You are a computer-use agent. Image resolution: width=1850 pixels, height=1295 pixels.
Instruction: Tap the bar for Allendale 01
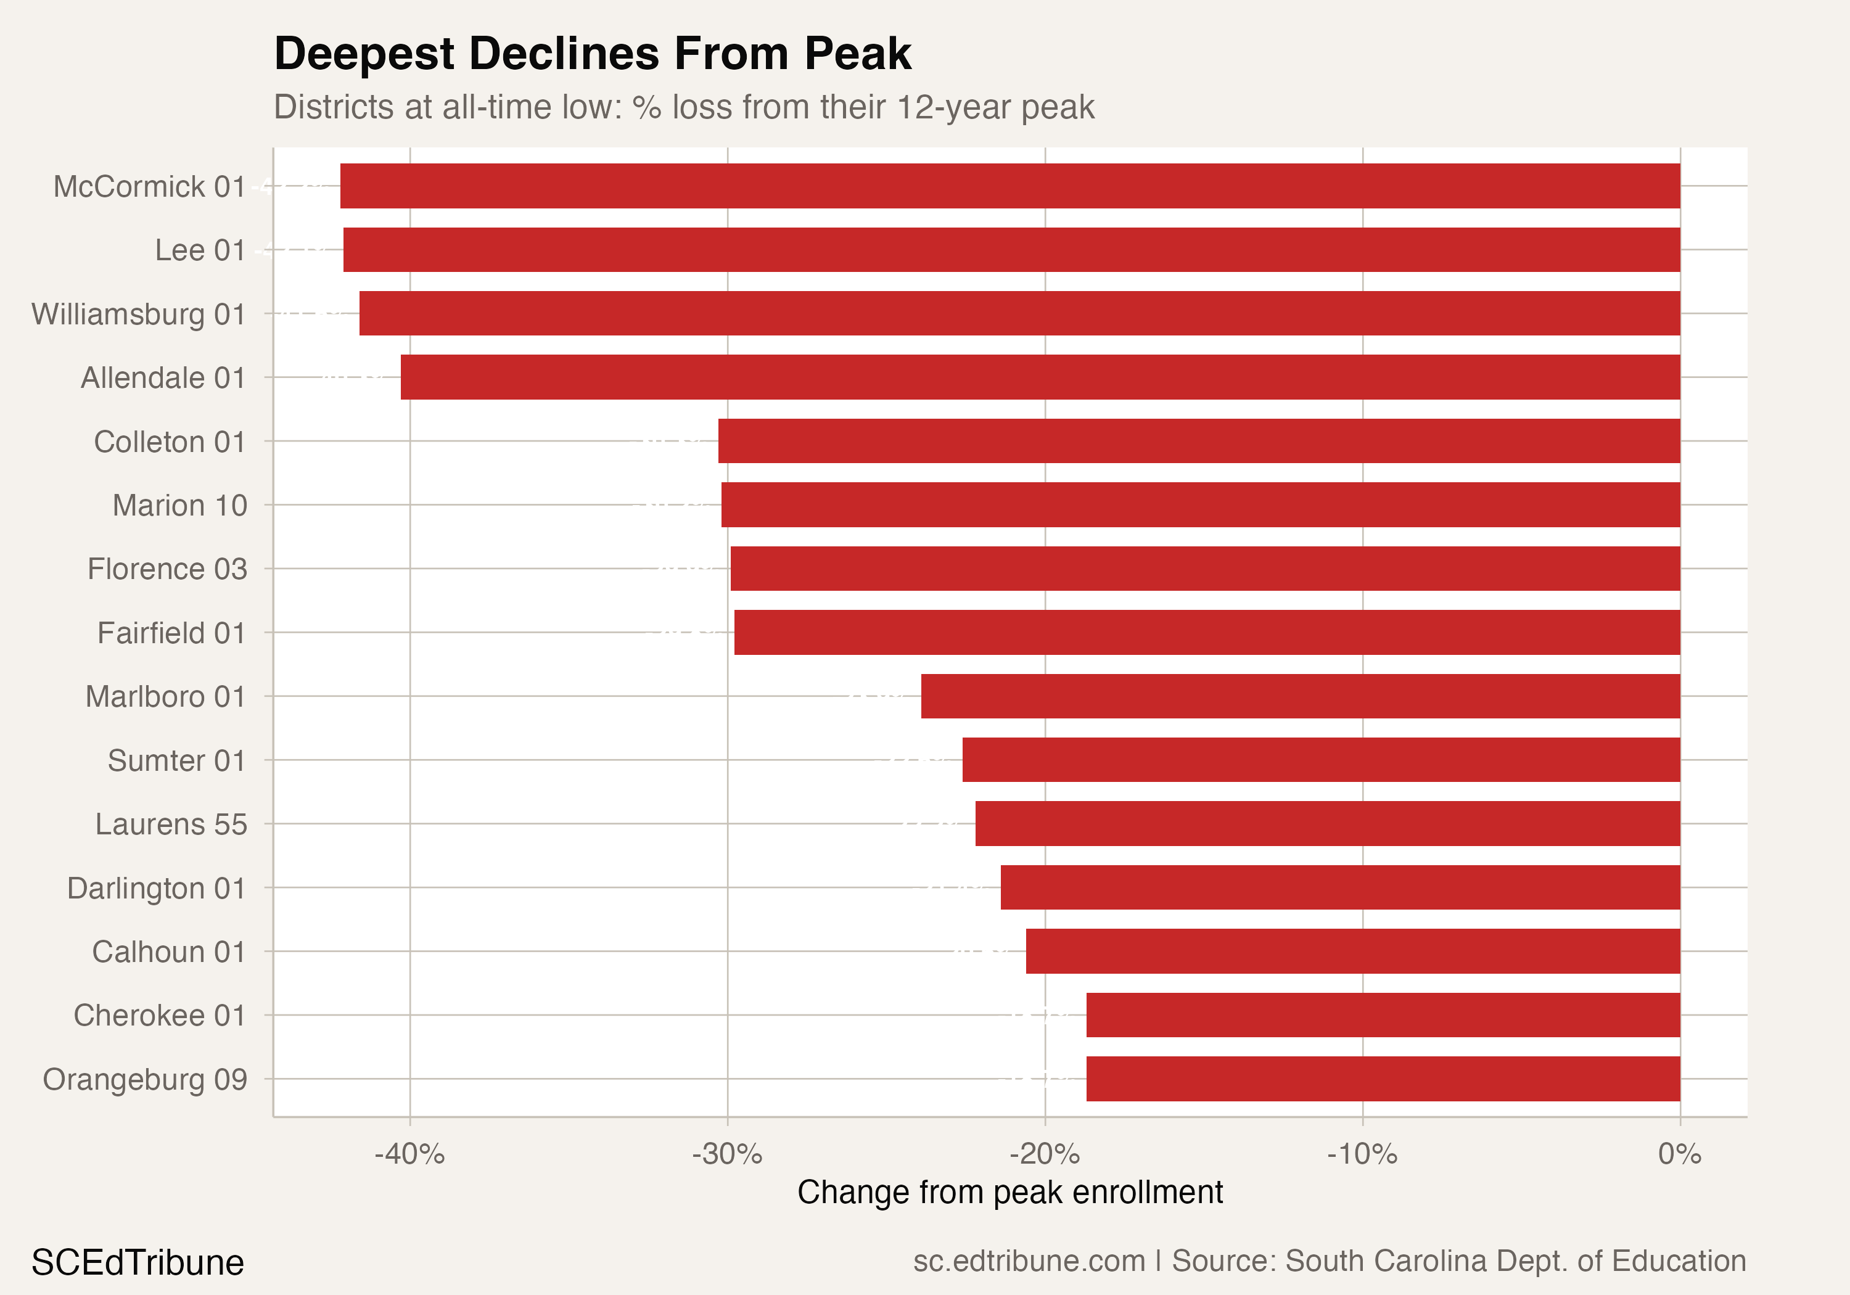pyautogui.click(x=1040, y=377)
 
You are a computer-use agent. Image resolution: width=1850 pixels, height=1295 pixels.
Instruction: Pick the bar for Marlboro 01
pyautogui.click(x=1300, y=696)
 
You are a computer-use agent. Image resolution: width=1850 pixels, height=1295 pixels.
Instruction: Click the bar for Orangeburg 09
pyautogui.click(x=1383, y=1079)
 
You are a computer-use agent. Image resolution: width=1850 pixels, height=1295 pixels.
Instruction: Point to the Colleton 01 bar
pyautogui.click(x=1198, y=441)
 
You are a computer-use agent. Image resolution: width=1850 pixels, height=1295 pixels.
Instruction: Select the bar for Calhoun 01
pyautogui.click(x=1352, y=952)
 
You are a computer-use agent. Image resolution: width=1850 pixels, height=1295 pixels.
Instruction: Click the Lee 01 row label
pyautogui.click(x=200, y=250)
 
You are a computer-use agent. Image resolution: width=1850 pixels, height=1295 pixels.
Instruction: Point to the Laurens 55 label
pyautogui.click(x=171, y=824)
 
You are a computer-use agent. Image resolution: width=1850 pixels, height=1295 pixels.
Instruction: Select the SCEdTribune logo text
pyautogui.click(x=138, y=1262)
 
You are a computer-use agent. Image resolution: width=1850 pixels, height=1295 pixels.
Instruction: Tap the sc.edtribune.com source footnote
pyautogui.click(x=1329, y=1261)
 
